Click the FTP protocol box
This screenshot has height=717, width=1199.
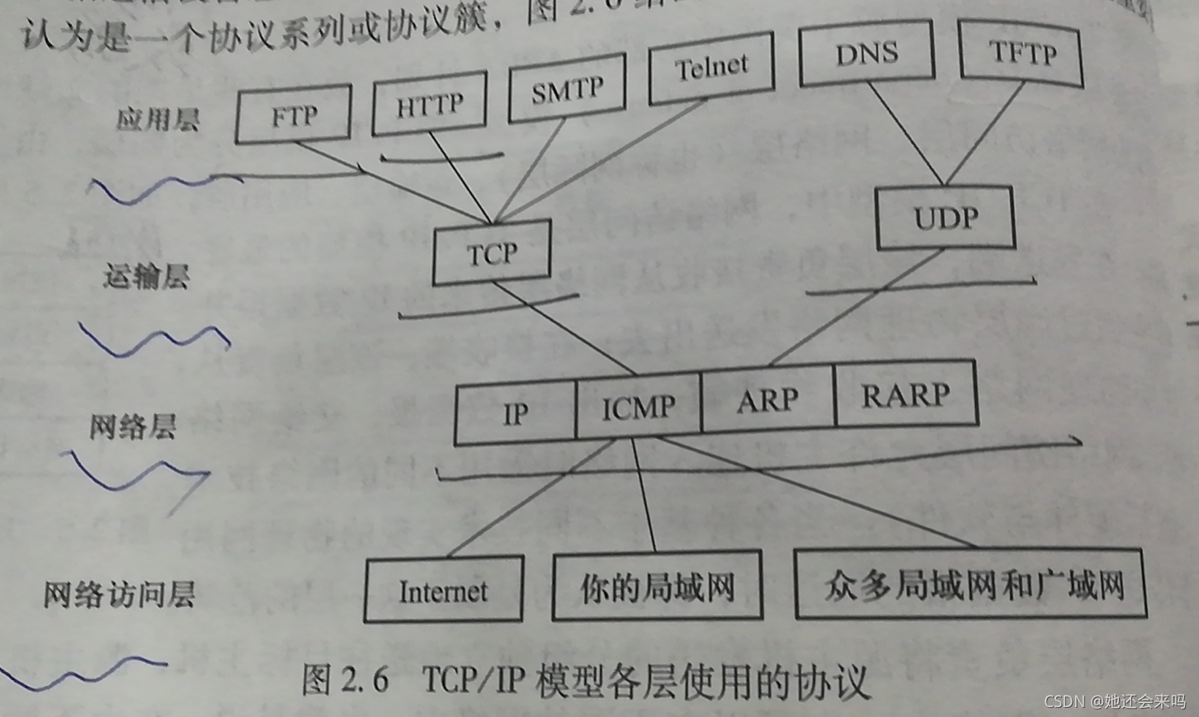pos(293,115)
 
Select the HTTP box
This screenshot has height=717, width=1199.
pos(429,105)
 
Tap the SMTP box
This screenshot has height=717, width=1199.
pos(567,90)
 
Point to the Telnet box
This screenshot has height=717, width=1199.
pos(710,67)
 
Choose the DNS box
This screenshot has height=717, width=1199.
pos(866,53)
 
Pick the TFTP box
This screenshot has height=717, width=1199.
pos(1022,54)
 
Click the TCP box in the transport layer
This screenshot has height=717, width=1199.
pos(492,252)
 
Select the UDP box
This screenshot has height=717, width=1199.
pos(945,218)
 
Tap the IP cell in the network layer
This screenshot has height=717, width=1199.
pos(516,413)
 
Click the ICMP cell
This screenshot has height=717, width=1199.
pos(638,406)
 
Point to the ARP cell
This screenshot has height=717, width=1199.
pos(767,399)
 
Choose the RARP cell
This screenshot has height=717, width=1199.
pos(905,394)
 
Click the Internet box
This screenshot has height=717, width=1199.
pos(443,590)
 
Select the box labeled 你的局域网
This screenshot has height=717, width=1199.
pos(657,587)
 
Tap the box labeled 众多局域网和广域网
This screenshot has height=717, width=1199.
pos(971,585)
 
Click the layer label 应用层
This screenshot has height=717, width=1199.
pos(158,120)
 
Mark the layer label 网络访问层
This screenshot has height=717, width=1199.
pos(119,594)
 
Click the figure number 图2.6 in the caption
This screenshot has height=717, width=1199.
pos(345,680)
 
